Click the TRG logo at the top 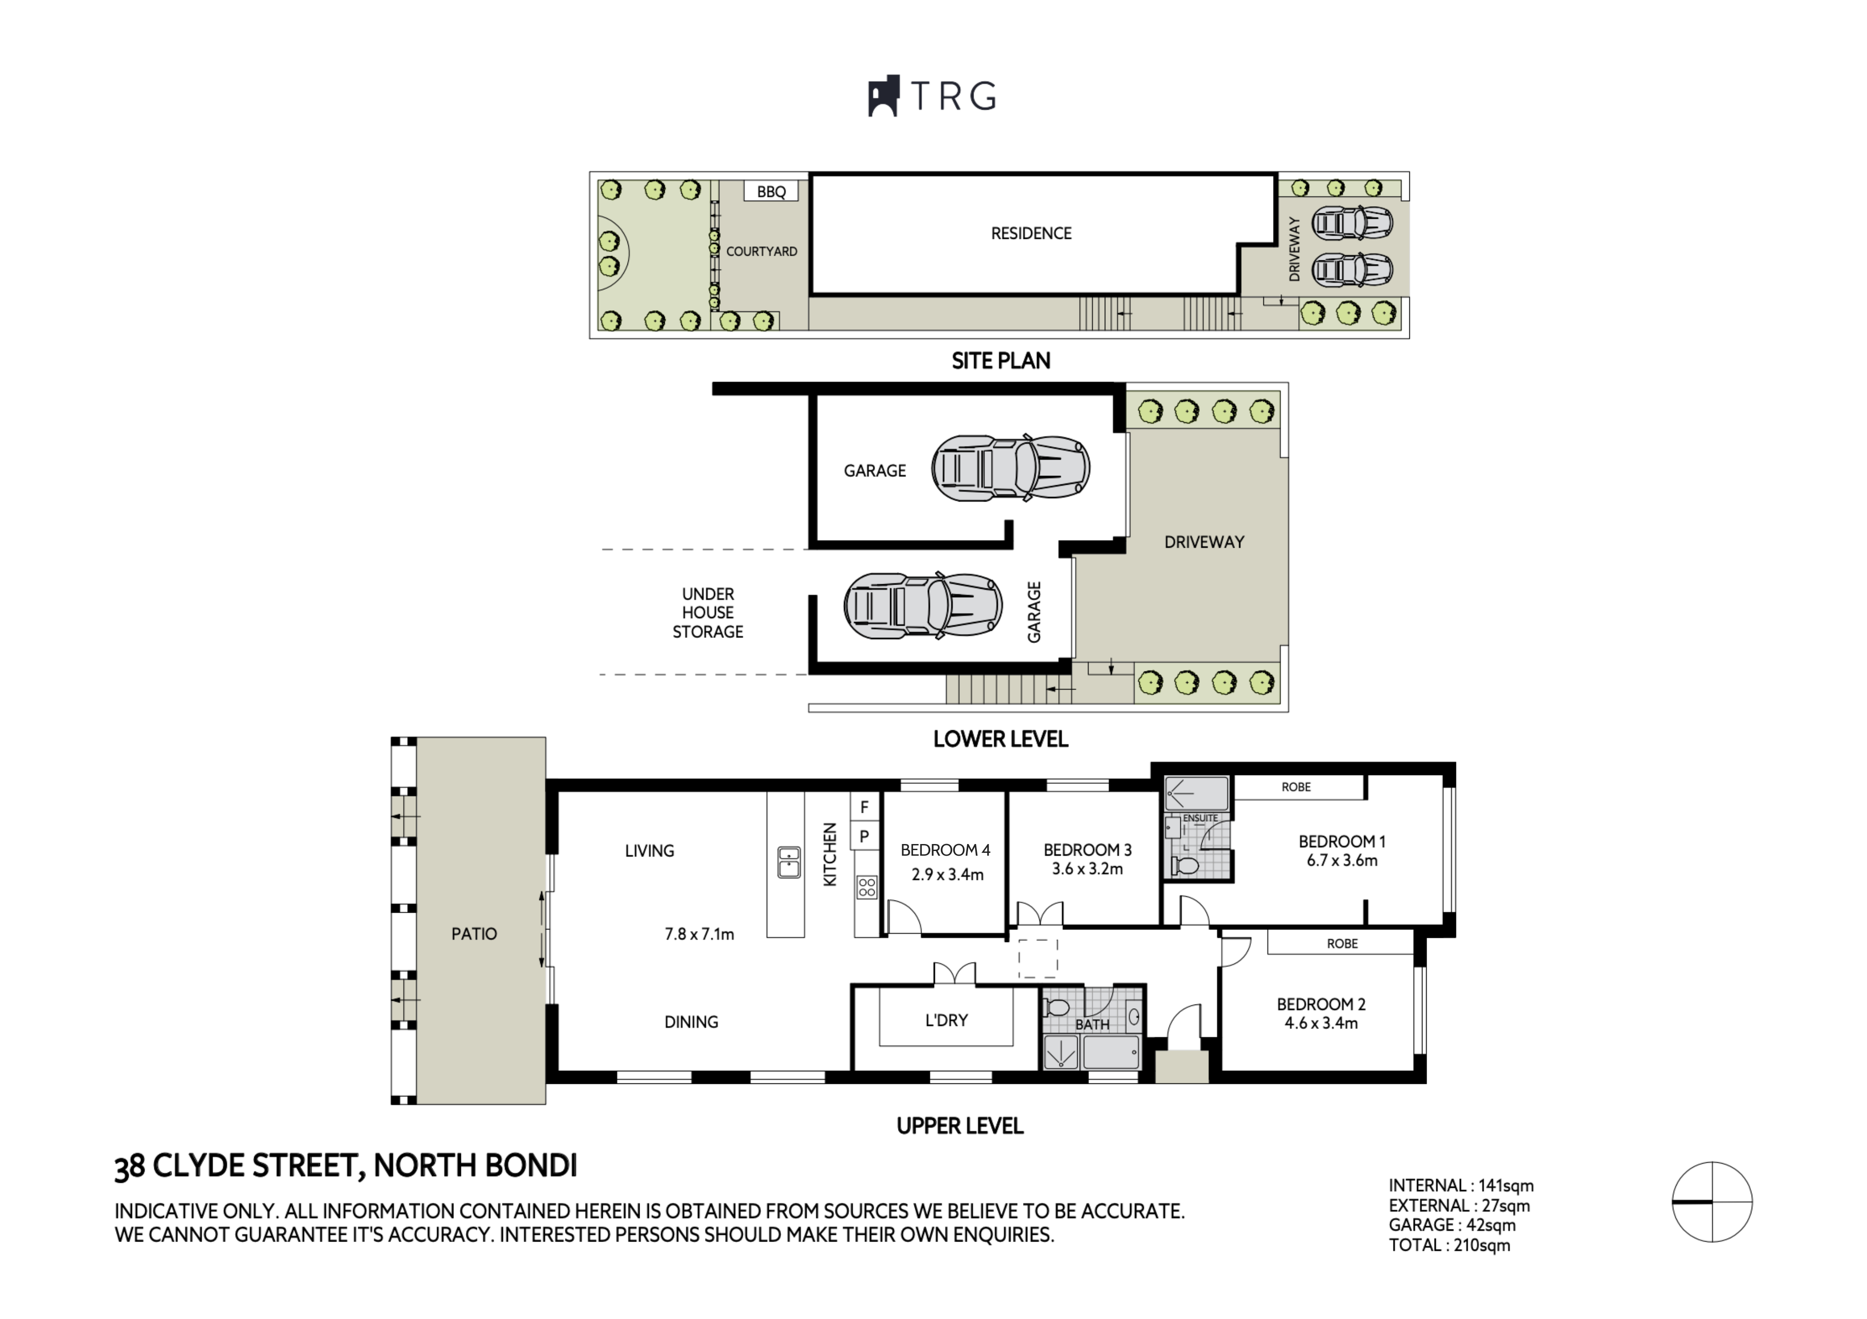932,96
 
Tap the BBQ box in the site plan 771,191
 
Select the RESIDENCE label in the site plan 1031,233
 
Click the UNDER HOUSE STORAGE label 707,612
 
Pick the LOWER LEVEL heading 1000,739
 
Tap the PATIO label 474,934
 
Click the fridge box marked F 864,807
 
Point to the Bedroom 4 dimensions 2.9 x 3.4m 947,875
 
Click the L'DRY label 947,1020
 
